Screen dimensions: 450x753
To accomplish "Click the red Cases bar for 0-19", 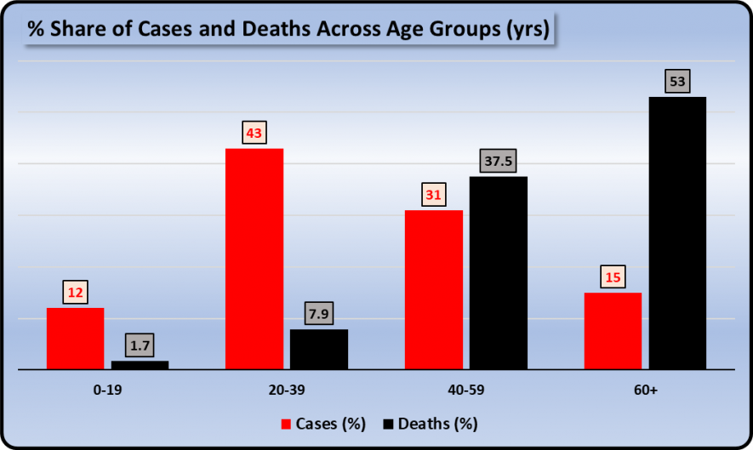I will (x=75, y=339).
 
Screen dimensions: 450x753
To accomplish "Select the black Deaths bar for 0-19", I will (x=140, y=365).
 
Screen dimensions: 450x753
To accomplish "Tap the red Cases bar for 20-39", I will (x=254, y=259).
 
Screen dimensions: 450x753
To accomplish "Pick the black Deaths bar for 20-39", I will (x=318, y=349).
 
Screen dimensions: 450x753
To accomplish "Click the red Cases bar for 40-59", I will (x=433, y=289).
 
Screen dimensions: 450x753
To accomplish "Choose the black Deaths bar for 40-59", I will (x=498, y=272).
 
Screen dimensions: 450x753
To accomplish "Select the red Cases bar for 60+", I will (x=613, y=331).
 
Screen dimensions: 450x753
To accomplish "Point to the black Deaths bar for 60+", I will (x=677, y=232).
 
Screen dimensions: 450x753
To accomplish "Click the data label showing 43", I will (x=254, y=133).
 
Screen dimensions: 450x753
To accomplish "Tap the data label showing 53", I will (x=677, y=82).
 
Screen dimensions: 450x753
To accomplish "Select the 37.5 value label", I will (x=499, y=161).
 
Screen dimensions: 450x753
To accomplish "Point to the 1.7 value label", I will (x=140, y=345).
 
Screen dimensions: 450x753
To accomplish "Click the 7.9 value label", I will (x=319, y=314).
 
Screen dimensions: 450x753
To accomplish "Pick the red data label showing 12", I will (x=75, y=293).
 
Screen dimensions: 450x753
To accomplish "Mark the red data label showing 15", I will (x=613, y=277).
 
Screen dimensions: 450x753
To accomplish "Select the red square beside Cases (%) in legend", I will (x=287, y=423).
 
